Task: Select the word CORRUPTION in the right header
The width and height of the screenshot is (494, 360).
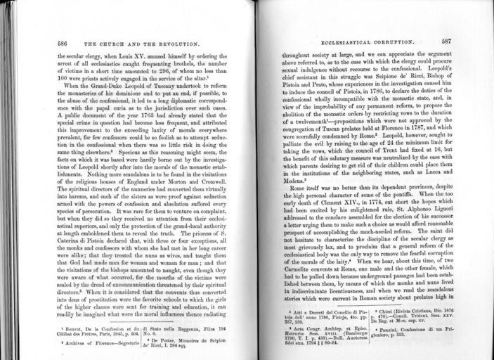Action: click(379, 41)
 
